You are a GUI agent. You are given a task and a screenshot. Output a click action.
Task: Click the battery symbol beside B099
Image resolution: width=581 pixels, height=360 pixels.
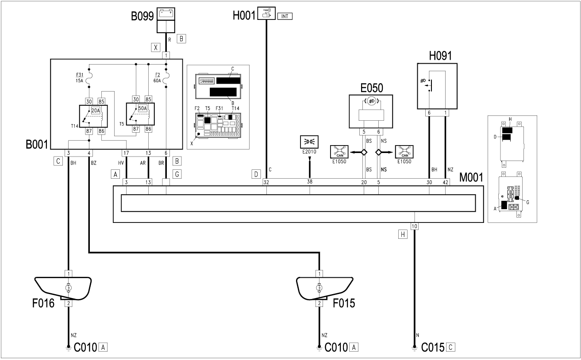click(x=166, y=14)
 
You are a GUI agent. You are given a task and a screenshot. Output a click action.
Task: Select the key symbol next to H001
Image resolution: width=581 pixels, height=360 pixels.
click(x=266, y=14)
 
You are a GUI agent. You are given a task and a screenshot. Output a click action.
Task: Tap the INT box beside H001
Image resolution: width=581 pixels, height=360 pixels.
click(x=285, y=16)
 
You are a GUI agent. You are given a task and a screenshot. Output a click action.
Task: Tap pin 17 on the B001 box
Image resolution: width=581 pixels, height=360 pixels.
click(x=127, y=153)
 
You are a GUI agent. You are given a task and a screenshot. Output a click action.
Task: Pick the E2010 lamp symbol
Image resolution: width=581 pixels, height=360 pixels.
click(x=309, y=142)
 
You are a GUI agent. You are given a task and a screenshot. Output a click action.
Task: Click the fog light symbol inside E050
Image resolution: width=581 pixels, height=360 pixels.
click(x=370, y=101)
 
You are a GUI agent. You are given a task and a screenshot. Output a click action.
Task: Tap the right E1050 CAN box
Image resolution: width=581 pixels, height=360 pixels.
click(x=404, y=153)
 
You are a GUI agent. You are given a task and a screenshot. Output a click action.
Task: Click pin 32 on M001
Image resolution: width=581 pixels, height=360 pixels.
click(x=266, y=182)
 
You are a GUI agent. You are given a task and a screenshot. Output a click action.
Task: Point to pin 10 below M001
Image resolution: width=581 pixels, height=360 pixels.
click(x=414, y=226)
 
